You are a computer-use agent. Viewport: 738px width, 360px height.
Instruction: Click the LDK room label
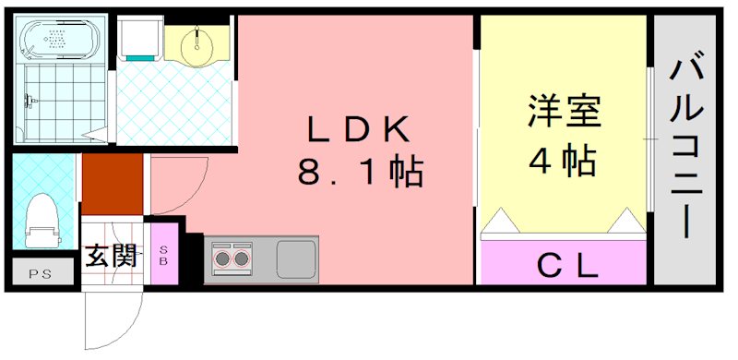pos(357,131)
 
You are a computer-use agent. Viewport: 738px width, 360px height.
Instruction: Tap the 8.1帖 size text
pos(359,172)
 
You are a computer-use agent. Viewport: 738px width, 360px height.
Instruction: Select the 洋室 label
pos(564,113)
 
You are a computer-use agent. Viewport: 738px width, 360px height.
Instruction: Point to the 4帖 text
pos(563,162)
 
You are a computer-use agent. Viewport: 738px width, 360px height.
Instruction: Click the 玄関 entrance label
pos(111,256)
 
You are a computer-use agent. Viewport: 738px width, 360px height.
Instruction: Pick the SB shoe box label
pos(164,256)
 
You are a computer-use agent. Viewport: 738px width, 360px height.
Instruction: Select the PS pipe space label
pos(40,273)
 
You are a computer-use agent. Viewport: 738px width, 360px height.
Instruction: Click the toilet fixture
pos(42,222)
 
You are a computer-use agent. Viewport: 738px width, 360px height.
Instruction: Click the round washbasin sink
pos(196,44)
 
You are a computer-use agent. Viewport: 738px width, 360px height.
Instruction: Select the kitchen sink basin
pos(296,256)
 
